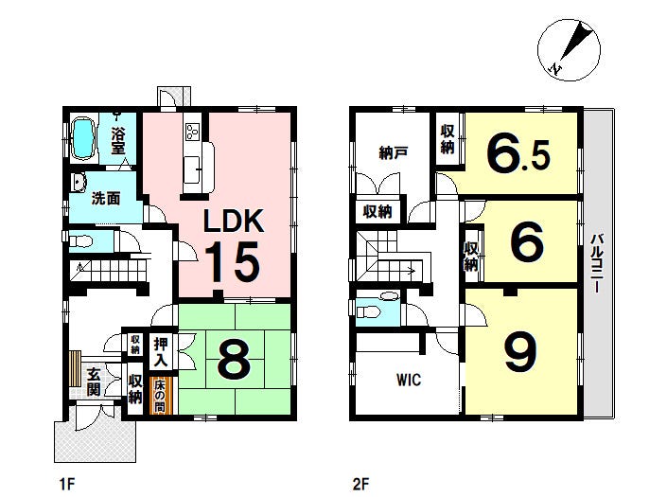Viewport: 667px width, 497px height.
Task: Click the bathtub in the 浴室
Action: point(83,139)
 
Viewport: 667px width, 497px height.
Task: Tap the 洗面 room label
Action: point(106,198)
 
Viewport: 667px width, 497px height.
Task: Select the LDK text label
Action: point(234,221)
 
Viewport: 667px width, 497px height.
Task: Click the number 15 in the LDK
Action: point(233,261)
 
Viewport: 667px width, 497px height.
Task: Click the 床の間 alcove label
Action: point(160,396)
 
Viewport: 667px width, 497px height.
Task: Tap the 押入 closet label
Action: point(161,353)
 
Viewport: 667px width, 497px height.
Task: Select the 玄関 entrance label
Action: point(94,382)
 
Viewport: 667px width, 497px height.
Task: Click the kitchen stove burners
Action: point(193,131)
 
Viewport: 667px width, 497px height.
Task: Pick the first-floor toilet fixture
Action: point(80,241)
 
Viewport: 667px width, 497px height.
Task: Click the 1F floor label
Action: point(67,484)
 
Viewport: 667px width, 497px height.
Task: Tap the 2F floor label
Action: point(360,484)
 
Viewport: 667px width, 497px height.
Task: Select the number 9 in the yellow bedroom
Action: point(520,351)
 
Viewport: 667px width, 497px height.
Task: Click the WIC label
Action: point(409,380)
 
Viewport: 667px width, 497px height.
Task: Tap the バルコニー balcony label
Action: point(595,263)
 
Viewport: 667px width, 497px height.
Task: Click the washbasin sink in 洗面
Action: point(79,183)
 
